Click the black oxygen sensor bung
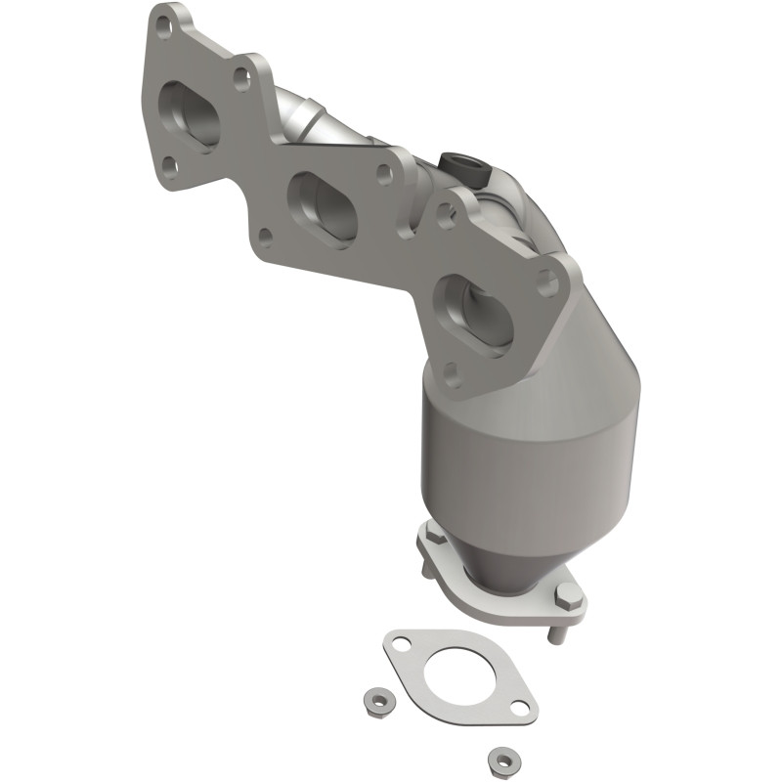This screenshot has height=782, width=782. (x=458, y=167)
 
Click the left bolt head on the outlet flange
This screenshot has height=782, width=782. (x=430, y=536)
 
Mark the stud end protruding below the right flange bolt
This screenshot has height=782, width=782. (x=553, y=635)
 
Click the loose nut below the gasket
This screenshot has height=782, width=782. (x=501, y=759)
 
